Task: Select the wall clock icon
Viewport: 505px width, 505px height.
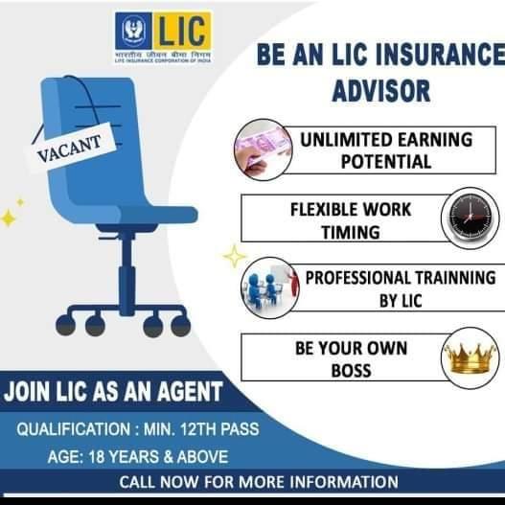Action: click(469, 217)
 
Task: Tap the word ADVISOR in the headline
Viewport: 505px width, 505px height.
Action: click(381, 92)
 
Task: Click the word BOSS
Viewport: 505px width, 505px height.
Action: click(351, 369)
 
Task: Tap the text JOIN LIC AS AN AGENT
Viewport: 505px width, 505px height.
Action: click(113, 390)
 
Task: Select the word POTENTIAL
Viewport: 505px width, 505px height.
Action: click(386, 161)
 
